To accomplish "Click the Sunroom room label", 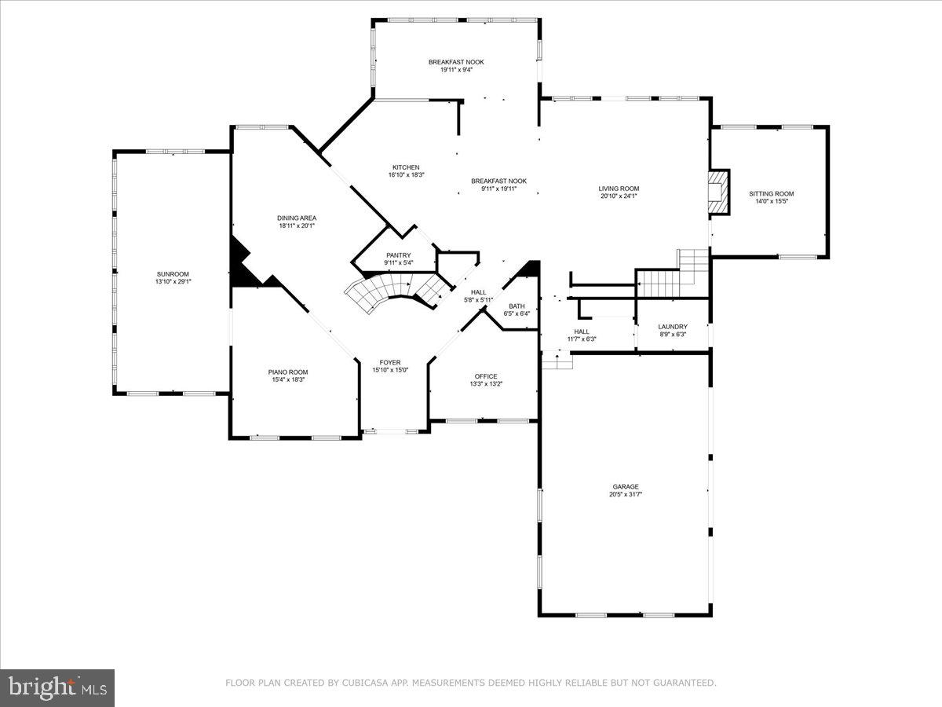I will [173, 273].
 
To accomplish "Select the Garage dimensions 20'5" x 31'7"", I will [626, 495].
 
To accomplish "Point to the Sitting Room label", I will [771, 194].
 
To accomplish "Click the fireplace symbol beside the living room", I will [718, 192].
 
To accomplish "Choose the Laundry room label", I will [673, 327].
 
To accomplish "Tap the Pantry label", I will [398, 255].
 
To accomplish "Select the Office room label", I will [486, 376].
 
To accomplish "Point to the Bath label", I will [517, 306].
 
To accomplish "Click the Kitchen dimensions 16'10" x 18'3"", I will [406, 175].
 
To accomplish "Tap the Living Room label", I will [619, 189].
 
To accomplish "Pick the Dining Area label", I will [297, 218].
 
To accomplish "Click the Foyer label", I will [390, 362].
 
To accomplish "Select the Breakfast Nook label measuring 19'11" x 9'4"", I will [455, 62].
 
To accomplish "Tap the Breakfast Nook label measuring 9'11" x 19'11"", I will [498, 181].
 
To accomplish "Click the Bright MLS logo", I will [57, 687].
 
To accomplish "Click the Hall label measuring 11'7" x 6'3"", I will [582, 332].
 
